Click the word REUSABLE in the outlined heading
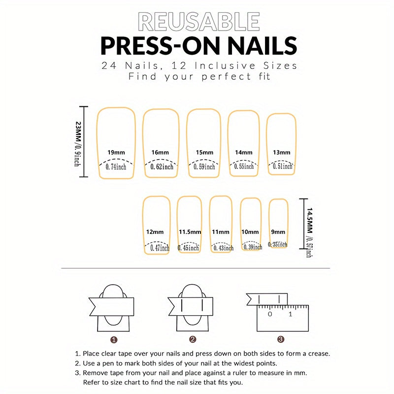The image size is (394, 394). coord(199,22)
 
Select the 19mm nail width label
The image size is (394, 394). coord(116,152)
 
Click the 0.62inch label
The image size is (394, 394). coord(162,166)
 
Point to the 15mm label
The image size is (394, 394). coord(204,152)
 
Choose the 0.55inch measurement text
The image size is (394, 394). coord(244,166)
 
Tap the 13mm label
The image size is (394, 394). coord(282,152)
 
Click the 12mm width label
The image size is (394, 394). coord(155,232)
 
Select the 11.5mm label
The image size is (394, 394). coord(190,232)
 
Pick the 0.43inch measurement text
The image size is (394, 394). coord(224,248)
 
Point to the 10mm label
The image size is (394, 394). coord(250,232)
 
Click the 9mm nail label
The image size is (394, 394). coord(278,232)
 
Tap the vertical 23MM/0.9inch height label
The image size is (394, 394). coord(78,144)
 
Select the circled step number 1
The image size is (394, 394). coord(114,340)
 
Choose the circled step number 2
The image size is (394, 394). coord(193,339)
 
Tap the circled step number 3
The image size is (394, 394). coord(281,339)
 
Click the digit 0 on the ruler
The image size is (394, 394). coord(270,314)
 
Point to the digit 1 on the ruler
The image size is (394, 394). coord(291,314)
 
